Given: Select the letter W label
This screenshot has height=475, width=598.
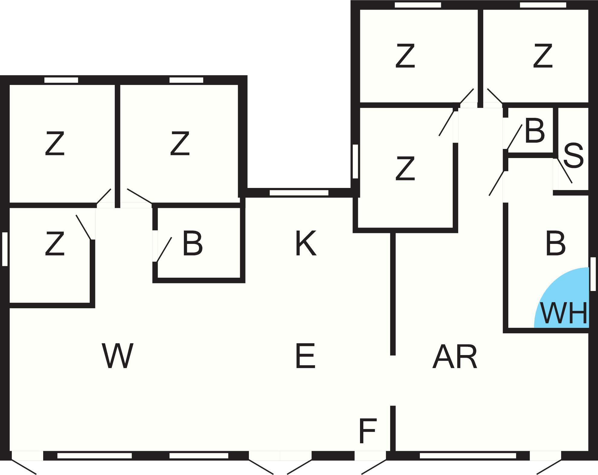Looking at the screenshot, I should tap(117, 356).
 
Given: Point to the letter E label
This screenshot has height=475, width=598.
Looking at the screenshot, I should tap(305, 356).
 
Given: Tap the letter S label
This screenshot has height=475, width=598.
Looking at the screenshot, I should tap(573, 156).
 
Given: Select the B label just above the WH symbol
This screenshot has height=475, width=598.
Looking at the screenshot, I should tap(555, 243).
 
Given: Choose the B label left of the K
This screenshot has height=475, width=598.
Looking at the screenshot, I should tap(192, 243).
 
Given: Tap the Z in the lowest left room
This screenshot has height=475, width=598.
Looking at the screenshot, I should tap(55, 243).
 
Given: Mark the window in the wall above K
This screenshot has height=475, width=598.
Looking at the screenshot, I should tap(299, 193).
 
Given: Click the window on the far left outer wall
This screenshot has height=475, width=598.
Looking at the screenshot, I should tap(5, 249).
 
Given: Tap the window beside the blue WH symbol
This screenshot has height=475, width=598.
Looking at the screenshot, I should tap(593, 274).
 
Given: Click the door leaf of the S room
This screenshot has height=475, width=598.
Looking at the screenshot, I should tap(564, 171).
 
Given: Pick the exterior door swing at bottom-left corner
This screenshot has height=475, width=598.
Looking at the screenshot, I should tap(24, 467).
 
